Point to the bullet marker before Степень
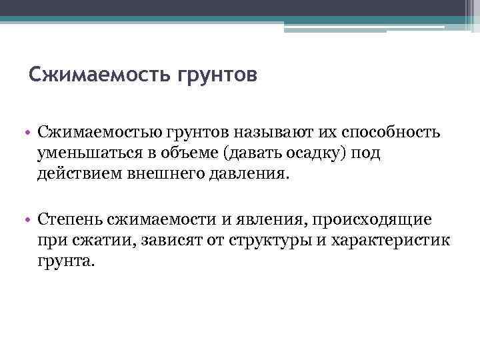pos(31,219)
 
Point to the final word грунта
pos(67,261)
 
